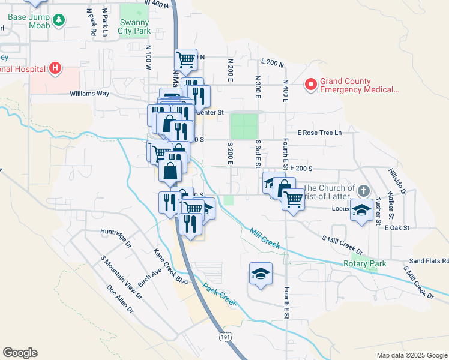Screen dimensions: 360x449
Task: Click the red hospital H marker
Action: pos(55,68)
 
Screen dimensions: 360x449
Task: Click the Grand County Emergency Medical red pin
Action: pos(310,85)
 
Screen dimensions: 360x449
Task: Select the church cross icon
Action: pos(363,191)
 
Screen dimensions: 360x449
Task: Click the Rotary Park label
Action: pos(363,263)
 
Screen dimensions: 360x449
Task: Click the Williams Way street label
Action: pos(89,94)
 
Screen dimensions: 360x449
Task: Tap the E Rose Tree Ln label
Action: pos(319,133)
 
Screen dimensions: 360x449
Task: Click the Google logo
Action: pos(20,353)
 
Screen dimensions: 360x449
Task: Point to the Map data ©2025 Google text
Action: pos(411,355)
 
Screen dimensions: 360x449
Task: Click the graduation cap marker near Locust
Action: pos(361,211)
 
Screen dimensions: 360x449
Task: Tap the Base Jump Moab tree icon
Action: pos(59,22)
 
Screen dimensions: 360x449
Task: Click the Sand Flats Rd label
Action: pos(429,261)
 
